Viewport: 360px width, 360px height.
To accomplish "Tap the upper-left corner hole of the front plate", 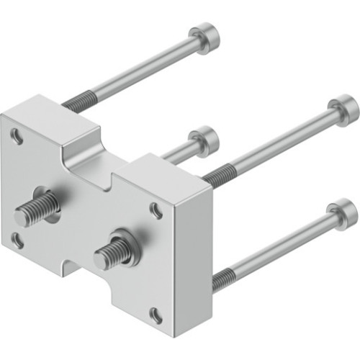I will point(16,133).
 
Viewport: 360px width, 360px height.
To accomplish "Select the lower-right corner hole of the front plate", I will point(155,313).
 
